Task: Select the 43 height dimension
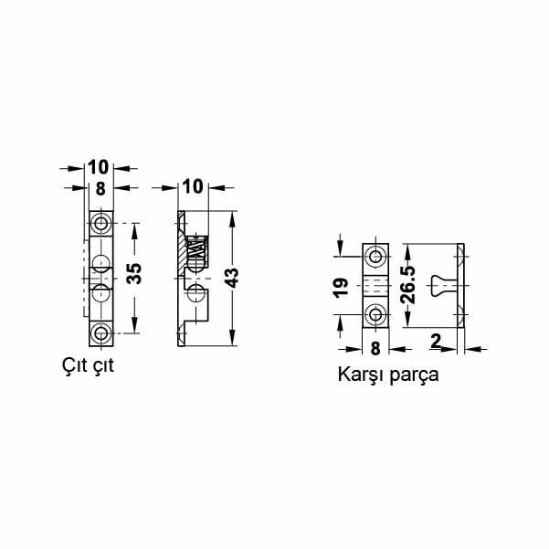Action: point(234,278)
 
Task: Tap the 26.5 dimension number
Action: point(410,286)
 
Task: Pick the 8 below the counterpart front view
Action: point(375,347)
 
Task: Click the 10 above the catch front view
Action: point(99,167)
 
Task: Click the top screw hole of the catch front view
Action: point(100,225)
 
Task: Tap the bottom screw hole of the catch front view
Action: point(100,331)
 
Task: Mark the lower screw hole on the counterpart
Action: point(375,315)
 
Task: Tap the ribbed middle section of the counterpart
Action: point(375,286)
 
